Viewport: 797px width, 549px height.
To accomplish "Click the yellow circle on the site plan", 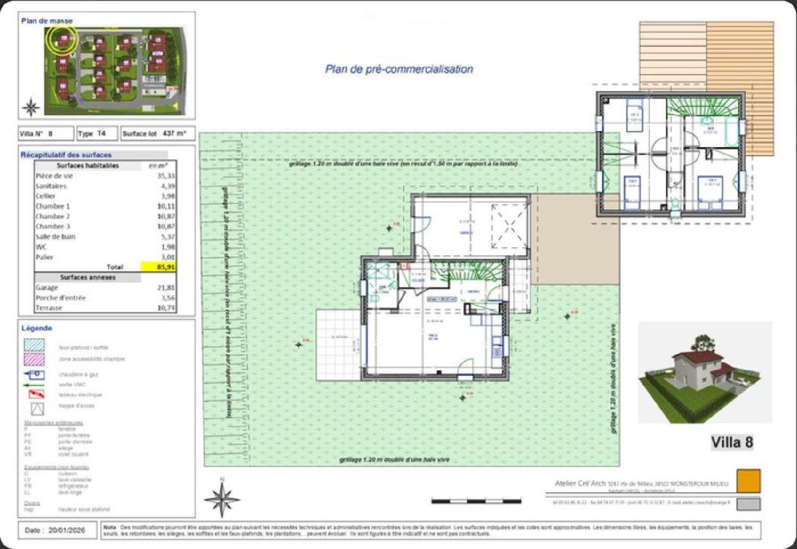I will (62, 39).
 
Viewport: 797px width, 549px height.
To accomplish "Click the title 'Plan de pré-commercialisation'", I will (398, 69).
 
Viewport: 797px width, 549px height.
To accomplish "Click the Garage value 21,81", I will (166, 288).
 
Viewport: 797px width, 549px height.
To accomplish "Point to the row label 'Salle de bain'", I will (55, 237).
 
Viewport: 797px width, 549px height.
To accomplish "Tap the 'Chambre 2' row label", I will (53, 216).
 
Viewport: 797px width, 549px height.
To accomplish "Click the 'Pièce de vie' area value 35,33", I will (166, 176).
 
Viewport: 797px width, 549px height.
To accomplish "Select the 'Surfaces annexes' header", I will (88, 277).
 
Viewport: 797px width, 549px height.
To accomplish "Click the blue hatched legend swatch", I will (35, 345).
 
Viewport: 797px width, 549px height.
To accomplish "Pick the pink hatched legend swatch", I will (35, 359).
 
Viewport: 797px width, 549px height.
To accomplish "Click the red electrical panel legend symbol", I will (36, 394).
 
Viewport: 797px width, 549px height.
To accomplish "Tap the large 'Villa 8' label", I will (732, 442).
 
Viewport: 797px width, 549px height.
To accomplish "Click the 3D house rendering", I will (704, 372).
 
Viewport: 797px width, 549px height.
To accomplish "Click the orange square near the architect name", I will (748, 480).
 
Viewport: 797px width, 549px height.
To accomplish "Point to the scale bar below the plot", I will (476, 501).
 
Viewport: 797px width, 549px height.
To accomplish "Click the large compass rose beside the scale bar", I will (222, 499).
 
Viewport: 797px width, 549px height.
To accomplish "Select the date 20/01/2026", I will (66, 530).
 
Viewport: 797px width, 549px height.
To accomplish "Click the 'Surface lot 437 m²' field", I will (157, 133).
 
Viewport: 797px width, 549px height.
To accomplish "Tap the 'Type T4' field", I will (97, 133).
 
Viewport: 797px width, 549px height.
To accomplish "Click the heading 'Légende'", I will (37, 328).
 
